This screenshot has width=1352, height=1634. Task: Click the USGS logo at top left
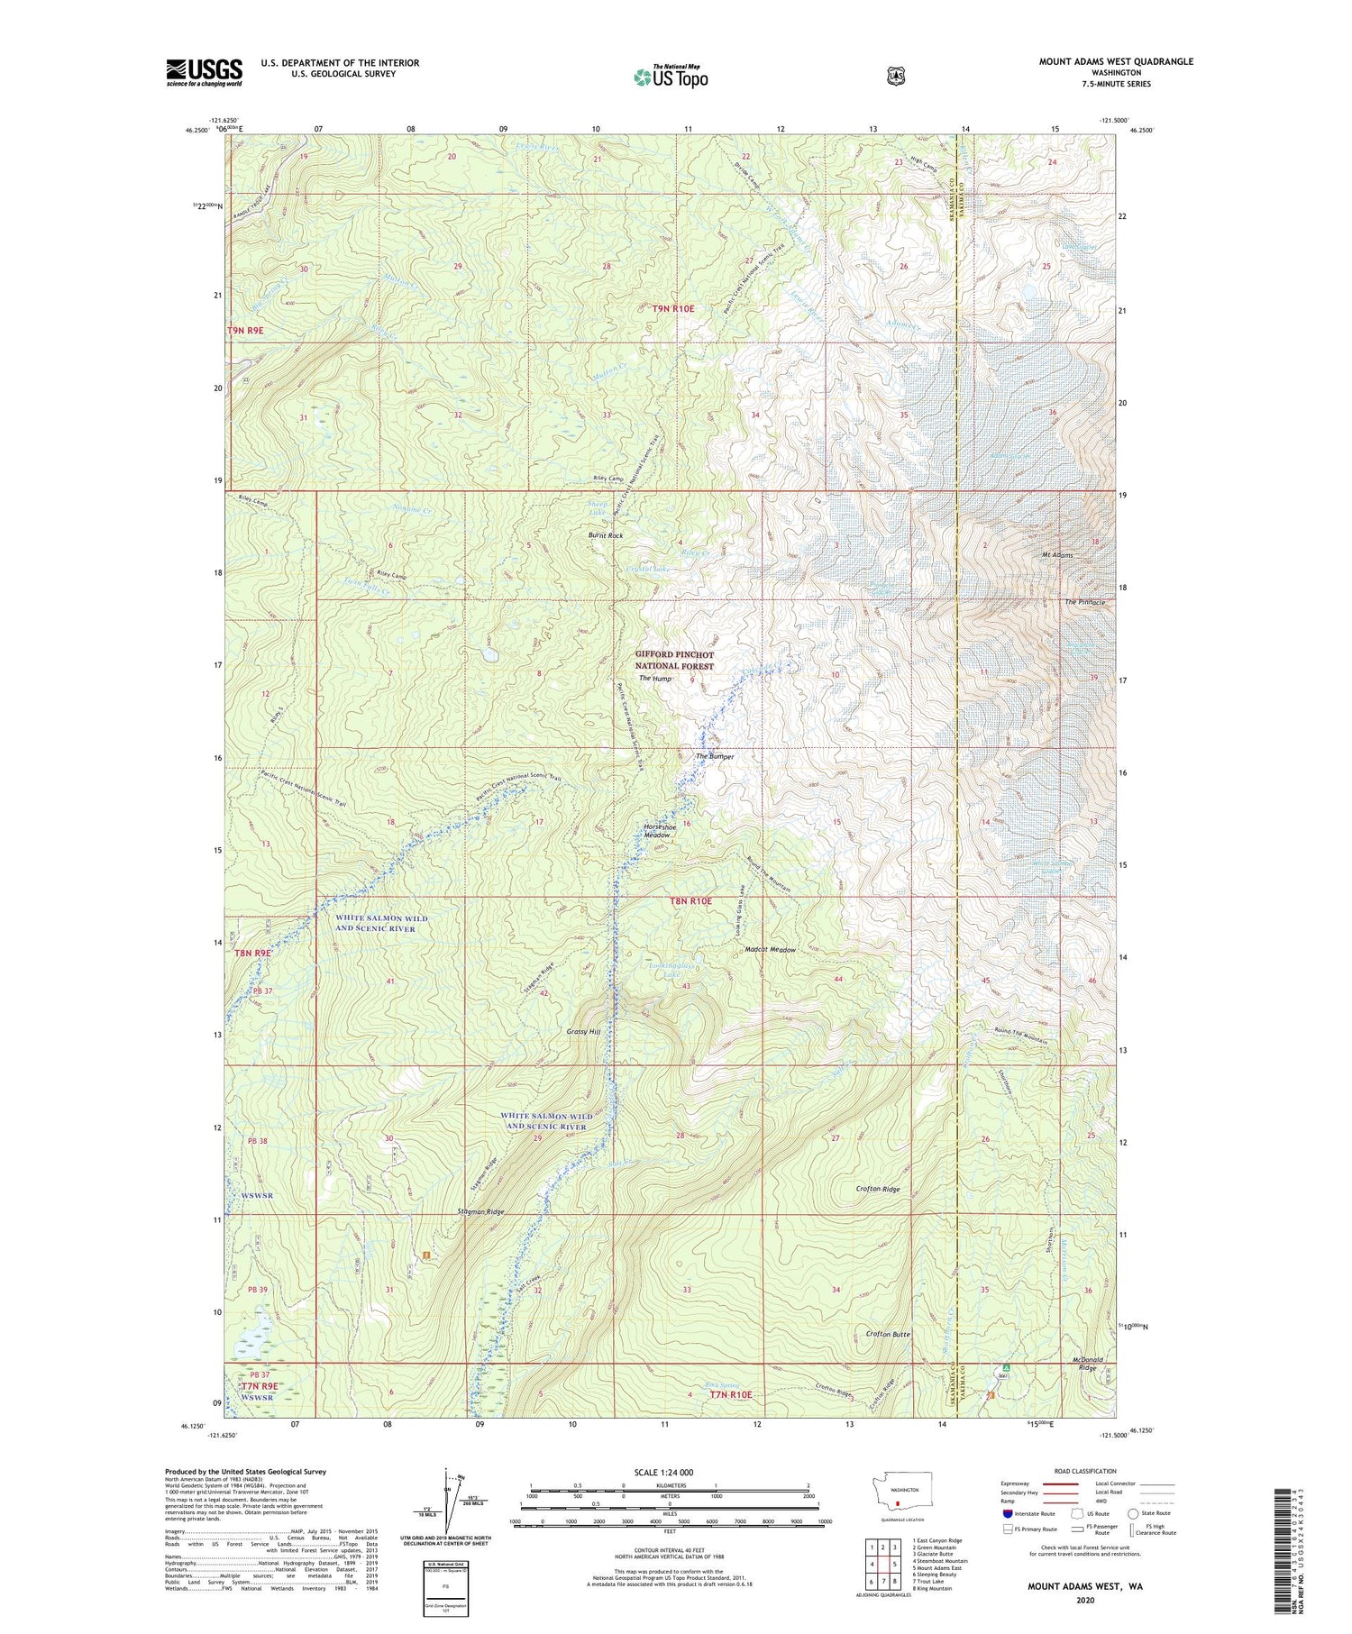204,72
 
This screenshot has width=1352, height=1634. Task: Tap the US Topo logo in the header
671,77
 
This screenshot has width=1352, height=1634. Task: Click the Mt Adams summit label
1057,555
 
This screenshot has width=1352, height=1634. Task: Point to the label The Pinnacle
1084,602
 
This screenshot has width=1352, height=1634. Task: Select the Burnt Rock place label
606,535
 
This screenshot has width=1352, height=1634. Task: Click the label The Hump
655,678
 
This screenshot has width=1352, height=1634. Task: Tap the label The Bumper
715,756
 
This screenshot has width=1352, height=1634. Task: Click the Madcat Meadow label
771,950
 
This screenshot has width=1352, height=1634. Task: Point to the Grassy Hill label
582,1031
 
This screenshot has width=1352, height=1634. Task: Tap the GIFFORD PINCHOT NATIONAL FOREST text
674,661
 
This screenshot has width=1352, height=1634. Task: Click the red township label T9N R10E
673,308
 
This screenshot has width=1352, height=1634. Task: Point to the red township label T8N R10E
690,901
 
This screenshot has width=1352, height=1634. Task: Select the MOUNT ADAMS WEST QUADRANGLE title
1116,61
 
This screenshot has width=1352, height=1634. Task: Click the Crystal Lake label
649,571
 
